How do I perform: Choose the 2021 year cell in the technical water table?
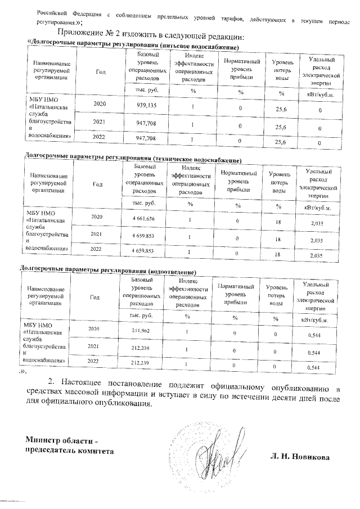[x=97, y=233]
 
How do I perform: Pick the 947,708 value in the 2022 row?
[x=146, y=137]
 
